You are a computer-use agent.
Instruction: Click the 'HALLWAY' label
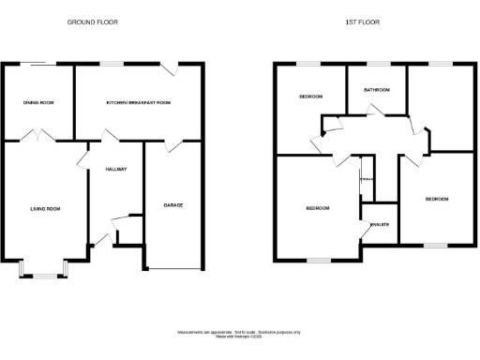coord(115,169)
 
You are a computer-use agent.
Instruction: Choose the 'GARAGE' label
coord(173,204)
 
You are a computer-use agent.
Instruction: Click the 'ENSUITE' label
coord(380,225)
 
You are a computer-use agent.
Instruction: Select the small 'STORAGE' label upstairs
coord(367,178)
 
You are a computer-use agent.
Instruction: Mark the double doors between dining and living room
coord(37,137)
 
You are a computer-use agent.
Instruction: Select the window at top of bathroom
coord(377,64)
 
